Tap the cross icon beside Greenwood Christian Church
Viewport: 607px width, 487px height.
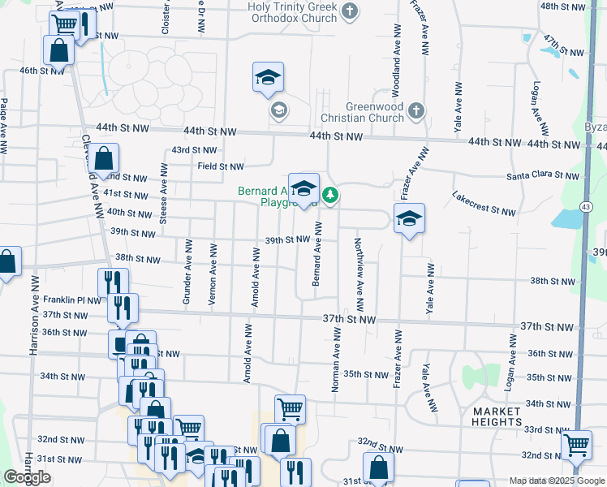click(x=415, y=110)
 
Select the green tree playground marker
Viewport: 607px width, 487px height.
click(x=330, y=195)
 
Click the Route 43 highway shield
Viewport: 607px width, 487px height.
click(x=585, y=209)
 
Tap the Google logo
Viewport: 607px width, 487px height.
click(x=28, y=477)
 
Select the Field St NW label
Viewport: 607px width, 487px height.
click(x=221, y=166)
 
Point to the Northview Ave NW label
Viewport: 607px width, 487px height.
click(x=357, y=267)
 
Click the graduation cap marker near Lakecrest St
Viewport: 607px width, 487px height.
click(x=409, y=218)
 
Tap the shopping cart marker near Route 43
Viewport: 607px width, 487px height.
click(x=577, y=445)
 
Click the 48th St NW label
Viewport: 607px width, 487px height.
click(x=562, y=6)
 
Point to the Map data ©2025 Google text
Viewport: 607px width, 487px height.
click(x=557, y=481)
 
